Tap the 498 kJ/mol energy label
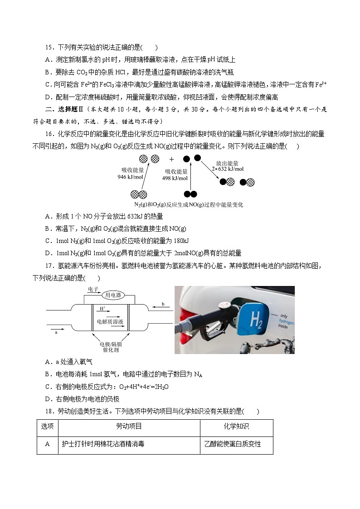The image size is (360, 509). click(x=175, y=175)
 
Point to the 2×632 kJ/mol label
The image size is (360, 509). click(x=228, y=166)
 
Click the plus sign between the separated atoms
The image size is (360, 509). click(x=172, y=159)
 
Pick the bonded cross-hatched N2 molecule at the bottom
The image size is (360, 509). click(x=138, y=194)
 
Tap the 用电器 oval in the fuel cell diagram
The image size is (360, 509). click(x=113, y=295)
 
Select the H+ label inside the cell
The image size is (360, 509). click(x=102, y=308)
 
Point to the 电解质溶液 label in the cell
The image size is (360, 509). click(x=110, y=321)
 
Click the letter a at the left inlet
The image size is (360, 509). click(x=56, y=332)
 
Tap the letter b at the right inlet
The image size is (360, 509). click(x=163, y=304)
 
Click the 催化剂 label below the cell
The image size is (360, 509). click(x=110, y=350)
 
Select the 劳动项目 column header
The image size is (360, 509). click(x=129, y=427)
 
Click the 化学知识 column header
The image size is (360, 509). click(x=236, y=427)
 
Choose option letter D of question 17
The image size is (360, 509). click(x=48, y=399)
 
